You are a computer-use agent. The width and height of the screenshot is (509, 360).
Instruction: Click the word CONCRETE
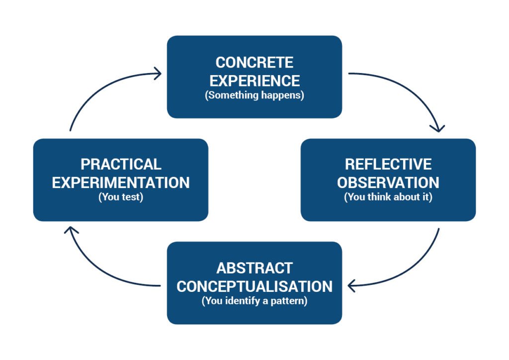(x=254, y=63)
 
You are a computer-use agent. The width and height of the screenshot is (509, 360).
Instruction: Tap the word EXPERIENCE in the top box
(x=254, y=80)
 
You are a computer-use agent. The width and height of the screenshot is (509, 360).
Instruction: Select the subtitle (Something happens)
(x=254, y=95)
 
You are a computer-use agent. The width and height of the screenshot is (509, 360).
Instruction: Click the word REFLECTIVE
(x=388, y=165)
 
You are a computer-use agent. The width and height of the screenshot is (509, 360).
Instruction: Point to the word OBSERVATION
(x=388, y=182)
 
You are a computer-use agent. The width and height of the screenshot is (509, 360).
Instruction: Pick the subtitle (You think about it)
(x=388, y=197)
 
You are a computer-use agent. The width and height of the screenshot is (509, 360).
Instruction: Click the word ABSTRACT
(x=254, y=268)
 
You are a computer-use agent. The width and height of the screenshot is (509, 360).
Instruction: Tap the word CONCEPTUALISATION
(x=254, y=286)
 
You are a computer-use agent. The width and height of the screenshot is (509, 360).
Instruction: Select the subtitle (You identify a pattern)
(x=254, y=301)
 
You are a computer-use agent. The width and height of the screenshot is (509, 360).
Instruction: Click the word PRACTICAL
(x=121, y=165)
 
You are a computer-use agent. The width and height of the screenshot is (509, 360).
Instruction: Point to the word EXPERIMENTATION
(x=121, y=182)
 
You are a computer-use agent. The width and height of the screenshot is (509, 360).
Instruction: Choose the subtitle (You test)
(x=121, y=197)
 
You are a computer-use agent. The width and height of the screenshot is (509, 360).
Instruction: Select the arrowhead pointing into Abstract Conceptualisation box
(x=352, y=286)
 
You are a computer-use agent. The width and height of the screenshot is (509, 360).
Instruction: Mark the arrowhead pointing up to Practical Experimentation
(x=71, y=230)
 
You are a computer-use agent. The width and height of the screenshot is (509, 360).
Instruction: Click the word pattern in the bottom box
(x=290, y=301)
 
